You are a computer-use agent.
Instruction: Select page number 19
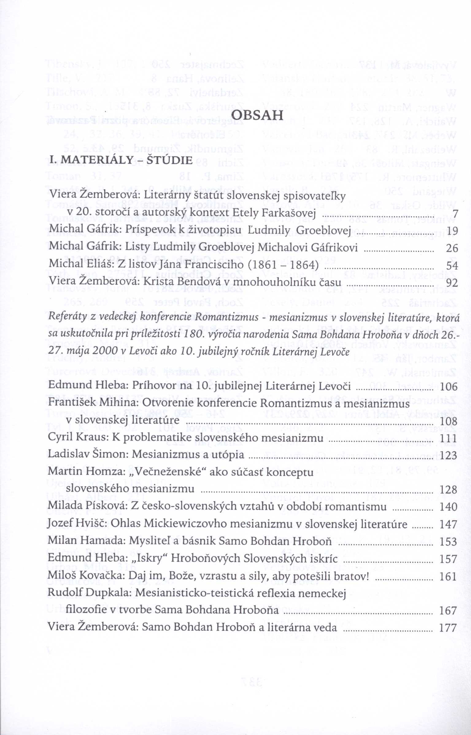[x=451, y=230]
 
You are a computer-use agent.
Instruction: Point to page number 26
[x=451, y=248]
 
